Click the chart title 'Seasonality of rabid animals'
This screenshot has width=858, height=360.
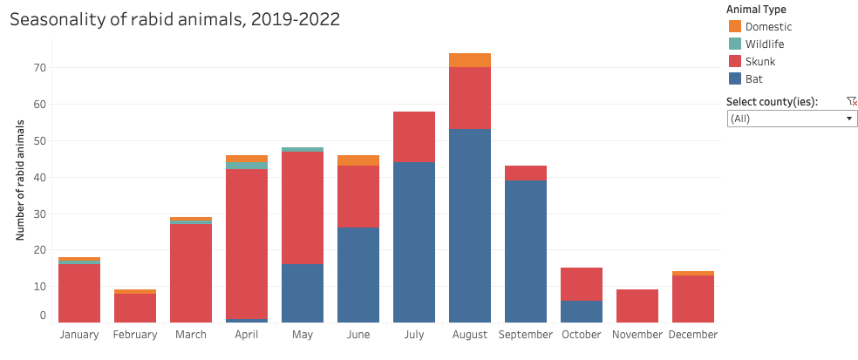tap(174, 18)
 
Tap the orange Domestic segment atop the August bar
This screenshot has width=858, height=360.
tap(470, 60)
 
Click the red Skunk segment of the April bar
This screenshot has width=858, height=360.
tap(247, 243)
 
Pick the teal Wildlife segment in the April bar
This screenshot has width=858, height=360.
tap(247, 165)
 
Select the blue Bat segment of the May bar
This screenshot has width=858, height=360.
tap(303, 293)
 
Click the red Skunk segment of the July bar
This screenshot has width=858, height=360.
tap(414, 137)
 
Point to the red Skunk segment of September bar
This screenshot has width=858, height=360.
tap(526, 173)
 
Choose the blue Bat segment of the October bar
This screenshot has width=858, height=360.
tap(582, 311)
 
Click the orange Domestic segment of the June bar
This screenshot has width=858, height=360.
tap(358, 160)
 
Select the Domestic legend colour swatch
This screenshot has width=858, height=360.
tap(734, 27)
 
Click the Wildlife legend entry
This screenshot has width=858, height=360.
tap(764, 44)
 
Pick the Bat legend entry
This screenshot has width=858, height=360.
tap(754, 79)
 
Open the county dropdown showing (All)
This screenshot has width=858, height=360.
tap(792, 119)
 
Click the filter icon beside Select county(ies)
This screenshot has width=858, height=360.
tap(852, 102)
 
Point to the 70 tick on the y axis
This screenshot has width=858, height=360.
tap(41, 68)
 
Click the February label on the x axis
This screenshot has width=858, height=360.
tap(135, 335)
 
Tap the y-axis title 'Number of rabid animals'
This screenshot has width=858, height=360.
tap(19, 181)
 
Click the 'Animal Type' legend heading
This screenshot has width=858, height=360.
tap(756, 10)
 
